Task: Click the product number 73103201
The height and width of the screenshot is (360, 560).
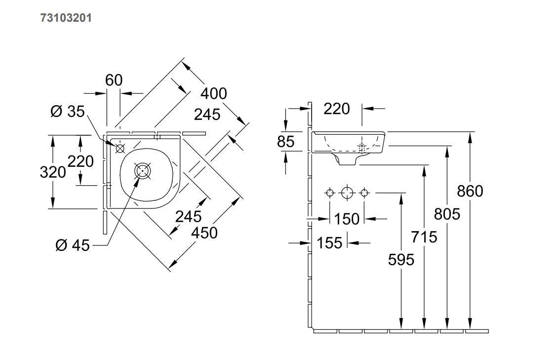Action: (66, 18)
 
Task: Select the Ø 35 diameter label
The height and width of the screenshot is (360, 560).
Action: (68, 112)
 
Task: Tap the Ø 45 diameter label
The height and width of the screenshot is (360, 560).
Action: (73, 245)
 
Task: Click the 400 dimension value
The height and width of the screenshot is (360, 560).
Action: (213, 93)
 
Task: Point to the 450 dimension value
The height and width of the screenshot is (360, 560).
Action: (204, 233)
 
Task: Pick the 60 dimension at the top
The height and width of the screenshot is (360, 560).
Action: (114, 80)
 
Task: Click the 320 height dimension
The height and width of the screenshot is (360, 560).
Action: (53, 172)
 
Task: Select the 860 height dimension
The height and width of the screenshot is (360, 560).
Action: (470, 191)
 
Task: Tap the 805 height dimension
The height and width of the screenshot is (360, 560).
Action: (447, 214)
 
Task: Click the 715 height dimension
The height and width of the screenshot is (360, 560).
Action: (424, 237)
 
